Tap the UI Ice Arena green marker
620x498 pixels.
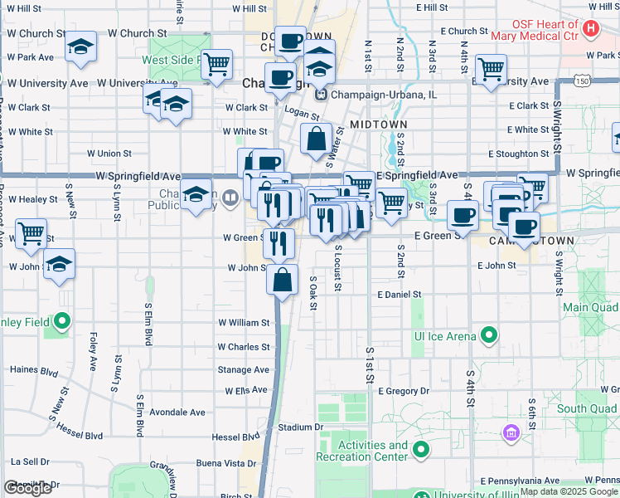(x=489, y=335)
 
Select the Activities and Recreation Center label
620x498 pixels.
(x=373, y=451)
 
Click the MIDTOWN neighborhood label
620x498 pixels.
(x=378, y=124)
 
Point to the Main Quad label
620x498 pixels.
(x=590, y=307)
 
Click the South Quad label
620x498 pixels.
(x=587, y=408)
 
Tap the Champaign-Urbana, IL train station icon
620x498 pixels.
(x=319, y=94)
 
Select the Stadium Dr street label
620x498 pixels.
(x=300, y=427)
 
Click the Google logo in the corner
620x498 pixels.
(x=27, y=488)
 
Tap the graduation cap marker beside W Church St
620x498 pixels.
(x=80, y=46)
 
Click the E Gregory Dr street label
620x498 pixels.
(x=404, y=391)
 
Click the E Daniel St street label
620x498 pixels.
(x=400, y=295)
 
